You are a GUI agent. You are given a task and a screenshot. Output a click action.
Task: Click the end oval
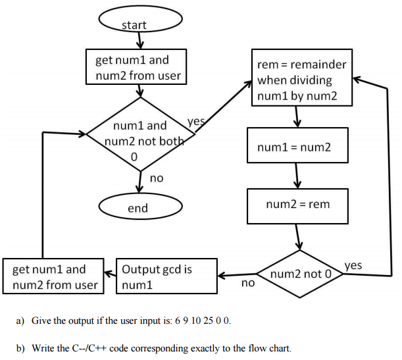[138, 209]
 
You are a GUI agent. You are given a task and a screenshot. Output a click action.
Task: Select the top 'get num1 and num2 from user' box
[138, 68]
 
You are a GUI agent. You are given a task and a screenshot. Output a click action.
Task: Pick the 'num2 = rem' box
[297, 205]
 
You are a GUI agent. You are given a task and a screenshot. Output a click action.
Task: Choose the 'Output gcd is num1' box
[166, 277]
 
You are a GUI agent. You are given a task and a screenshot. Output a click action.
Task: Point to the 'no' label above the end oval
[157, 178]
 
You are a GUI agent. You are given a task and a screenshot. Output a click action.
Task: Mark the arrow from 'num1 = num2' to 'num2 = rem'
[298, 175]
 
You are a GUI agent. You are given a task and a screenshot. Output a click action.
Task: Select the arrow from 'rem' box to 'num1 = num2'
[298, 116]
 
